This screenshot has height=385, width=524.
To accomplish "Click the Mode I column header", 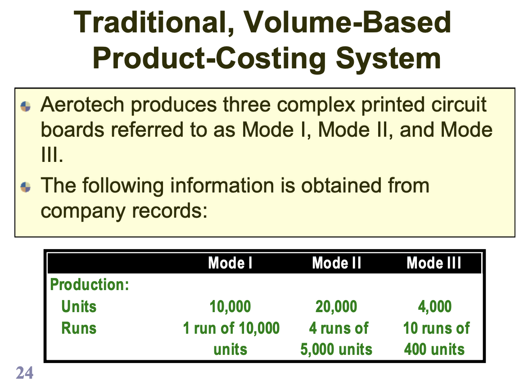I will [230, 263].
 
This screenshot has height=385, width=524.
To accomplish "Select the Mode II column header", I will [337, 263].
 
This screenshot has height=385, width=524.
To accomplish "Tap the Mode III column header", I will [434, 263].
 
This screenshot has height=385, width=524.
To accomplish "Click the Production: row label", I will [90, 285].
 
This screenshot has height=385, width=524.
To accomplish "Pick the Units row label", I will [79, 307].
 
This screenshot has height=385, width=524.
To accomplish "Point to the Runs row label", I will [79, 328].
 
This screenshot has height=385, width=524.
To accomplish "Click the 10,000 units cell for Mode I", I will [230, 307].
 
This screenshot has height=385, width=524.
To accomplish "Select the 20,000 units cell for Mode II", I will [336, 307].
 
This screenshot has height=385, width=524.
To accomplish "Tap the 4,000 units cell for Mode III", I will [435, 307].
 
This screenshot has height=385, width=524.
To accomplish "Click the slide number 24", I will [24, 373].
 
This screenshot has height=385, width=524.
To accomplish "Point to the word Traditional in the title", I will [149, 22].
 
